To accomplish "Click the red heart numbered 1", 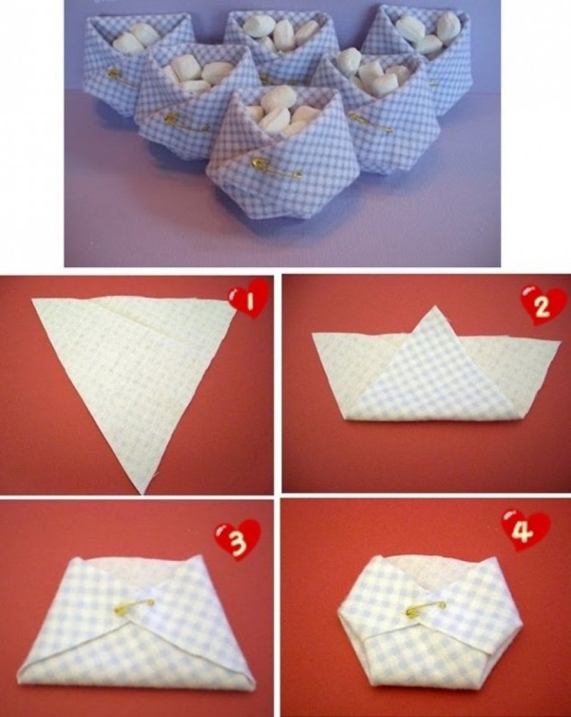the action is point(248,298).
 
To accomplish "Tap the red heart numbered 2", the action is point(542,306).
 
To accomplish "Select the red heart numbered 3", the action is point(237,540).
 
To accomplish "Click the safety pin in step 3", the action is point(134,606).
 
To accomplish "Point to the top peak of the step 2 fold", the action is point(434,307).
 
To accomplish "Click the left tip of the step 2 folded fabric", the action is point(312,334).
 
